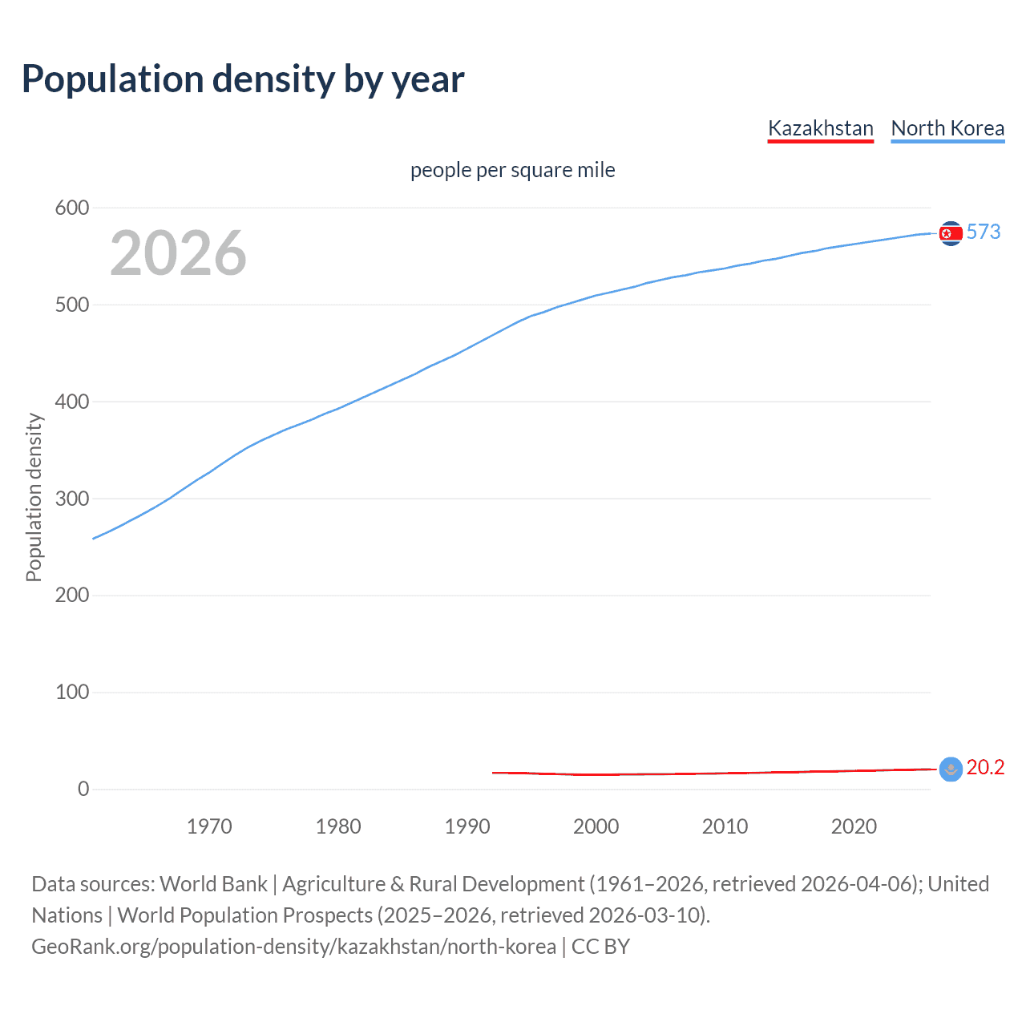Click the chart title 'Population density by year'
point(243,79)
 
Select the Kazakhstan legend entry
point(820,128)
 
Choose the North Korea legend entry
point(947,128)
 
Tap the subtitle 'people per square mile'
point(512,170)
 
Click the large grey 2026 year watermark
point(178,253)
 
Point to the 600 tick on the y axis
point(72,208)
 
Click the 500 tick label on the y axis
point(72,305)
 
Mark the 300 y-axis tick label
point(72,499)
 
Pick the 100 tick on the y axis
point(72,692)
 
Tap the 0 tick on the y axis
point(83,789)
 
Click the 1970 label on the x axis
point(209,826)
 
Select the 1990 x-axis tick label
point(467,826)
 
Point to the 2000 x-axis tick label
point(596,826)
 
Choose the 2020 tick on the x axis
point(854,826)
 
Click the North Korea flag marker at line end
point(951,233)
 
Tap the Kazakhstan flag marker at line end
point(951,769)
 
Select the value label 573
point(984,232)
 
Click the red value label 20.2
point(985,767)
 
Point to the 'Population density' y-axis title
point(34,497)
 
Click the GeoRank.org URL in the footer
point(293,947)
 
